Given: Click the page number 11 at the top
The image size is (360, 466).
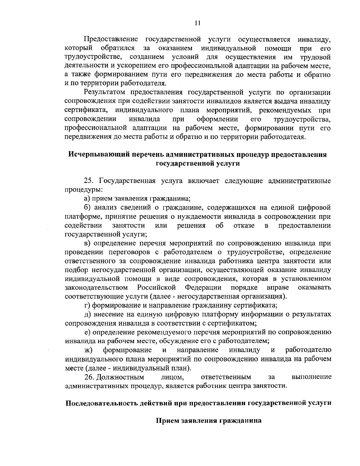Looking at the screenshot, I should [x=197, y=23].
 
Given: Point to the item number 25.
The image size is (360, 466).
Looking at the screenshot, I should [x=89, y=181].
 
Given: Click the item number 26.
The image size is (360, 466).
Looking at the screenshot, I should [x=89, y=377].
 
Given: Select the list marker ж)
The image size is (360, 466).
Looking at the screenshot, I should [x=88, y=350].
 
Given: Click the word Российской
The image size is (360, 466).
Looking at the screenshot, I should [x=156, y=287].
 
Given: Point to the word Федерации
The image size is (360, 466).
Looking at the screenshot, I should [x=203, y=287].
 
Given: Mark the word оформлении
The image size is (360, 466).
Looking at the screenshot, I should [x=217, y=119].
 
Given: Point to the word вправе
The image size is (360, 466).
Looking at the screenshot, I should [x=278, y=287].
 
